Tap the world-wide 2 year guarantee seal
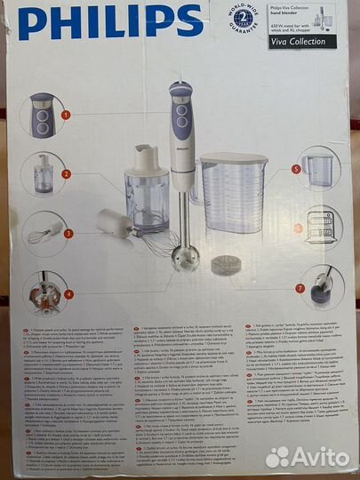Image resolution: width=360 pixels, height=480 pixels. click(x=245, y=18)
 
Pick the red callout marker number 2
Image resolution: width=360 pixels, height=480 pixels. click(x=66, y=174)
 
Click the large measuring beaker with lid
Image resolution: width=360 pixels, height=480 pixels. click(x=233, y=192)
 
